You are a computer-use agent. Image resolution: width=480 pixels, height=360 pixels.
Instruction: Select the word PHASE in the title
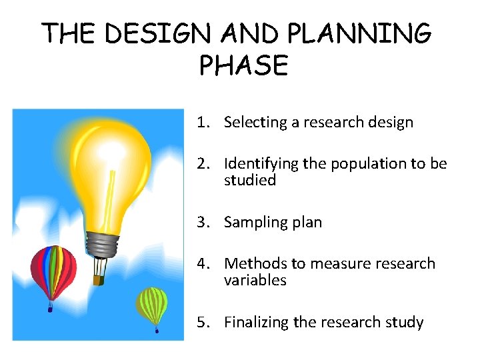(x=243, y=66)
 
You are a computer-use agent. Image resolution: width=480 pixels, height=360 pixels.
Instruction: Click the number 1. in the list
(x=204, y=123)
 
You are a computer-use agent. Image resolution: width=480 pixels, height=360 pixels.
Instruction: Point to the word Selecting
(x=253, y=123)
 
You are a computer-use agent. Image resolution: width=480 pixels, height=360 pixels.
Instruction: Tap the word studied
(x=250, y=181)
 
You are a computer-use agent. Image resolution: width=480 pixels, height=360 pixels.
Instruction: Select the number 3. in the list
(x=204, y=223)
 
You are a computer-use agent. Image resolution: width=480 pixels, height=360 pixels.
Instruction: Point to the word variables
(x=255, y=281)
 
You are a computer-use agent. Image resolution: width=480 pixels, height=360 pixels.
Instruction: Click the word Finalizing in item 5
(x=256, y=323)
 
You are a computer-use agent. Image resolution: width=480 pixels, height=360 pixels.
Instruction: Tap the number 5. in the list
(x=204, y=323)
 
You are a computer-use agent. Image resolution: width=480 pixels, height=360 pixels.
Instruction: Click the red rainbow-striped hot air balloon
(x=53, y=273)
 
